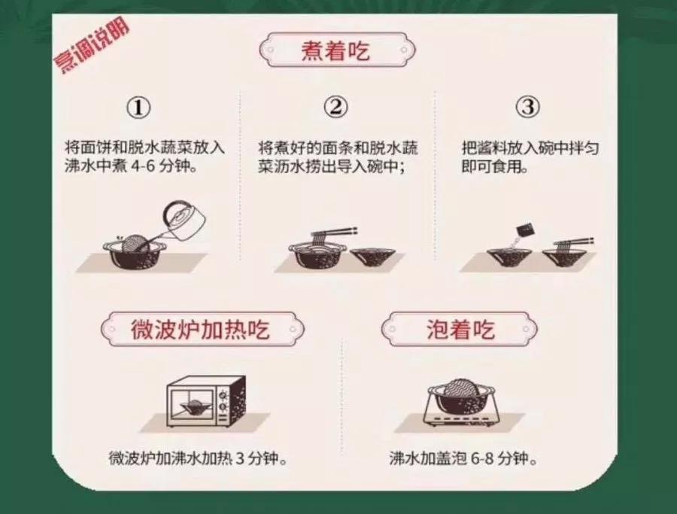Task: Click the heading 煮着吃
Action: click(338, 53)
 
